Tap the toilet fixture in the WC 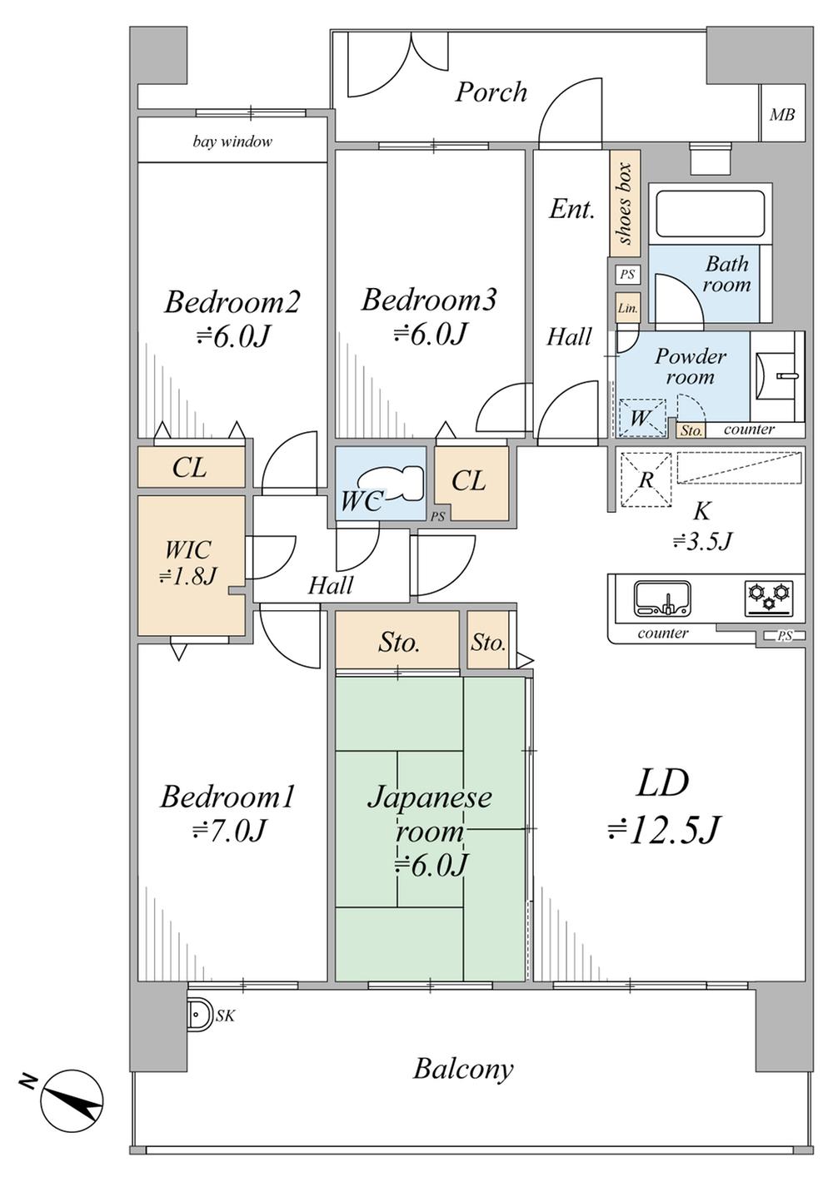[391, 482]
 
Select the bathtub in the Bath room [710, 214]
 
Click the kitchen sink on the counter [662, 598]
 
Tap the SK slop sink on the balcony [198, 1015]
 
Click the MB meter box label [781, 115]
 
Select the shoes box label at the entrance [625, 203]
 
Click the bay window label [232, 142]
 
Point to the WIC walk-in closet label [189, 562]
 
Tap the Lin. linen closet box [627, 308]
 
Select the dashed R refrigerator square [646, 479]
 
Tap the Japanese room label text [430, 814]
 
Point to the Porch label [491, 92]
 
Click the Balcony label [463, 1068]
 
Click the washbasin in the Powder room [779, 376]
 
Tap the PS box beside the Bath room [627, 274]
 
